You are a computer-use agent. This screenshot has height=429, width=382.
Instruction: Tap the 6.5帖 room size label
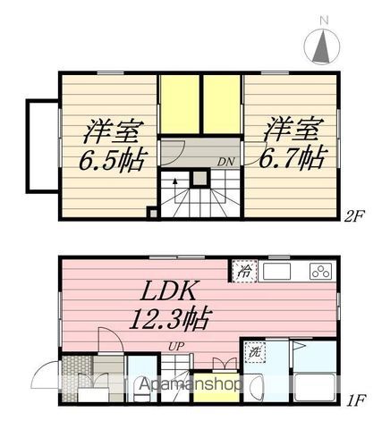tap(114, 161)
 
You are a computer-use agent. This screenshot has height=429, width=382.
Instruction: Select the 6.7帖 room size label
tap(292, 156)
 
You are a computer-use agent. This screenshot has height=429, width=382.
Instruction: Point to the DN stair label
tap(226, 162)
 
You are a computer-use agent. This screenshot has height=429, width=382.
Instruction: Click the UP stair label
tap(176, 347)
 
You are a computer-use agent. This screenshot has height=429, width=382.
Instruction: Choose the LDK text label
tap(169, 290)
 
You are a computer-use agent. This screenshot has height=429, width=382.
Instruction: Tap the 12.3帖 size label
tap(170, 318)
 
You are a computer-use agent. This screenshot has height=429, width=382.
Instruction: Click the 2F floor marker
tap(354, 215)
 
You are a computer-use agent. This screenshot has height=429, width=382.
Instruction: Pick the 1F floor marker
tap(357, 400)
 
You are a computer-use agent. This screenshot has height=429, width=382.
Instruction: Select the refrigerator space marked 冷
tap(244, 271)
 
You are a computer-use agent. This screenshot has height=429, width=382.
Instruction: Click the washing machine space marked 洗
tap(255, 352)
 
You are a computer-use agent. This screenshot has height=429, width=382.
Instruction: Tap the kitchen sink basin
tap(276, 272)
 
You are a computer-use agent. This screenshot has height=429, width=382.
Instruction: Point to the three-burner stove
tap(321, 272)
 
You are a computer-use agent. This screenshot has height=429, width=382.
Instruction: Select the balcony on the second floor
tap(43, 147)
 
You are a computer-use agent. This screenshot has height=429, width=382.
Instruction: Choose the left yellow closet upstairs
tap(180, 105)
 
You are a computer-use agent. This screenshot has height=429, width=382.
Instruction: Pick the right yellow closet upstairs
tap(222, 105)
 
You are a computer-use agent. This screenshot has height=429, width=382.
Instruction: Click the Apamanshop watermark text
tap(191, 383)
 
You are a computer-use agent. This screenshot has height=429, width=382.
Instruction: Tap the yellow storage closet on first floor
tap(216, 387)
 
